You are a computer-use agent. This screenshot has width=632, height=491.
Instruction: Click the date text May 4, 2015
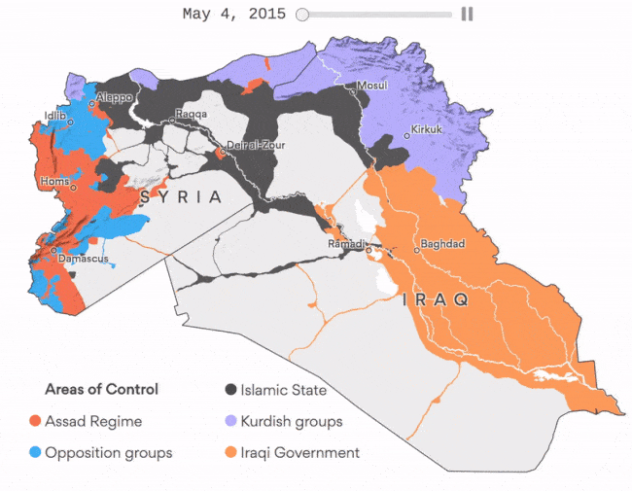[233, 15]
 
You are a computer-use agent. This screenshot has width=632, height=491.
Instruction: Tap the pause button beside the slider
[467, 15]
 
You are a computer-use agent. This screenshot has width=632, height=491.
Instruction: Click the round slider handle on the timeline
[302, 15]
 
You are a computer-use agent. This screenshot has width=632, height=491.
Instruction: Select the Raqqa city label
[191, 114]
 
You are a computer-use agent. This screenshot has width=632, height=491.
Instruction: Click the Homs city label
[54, 181]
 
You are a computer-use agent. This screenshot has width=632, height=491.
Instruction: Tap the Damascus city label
[83, 258]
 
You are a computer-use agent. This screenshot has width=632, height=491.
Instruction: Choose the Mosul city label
[373, 86]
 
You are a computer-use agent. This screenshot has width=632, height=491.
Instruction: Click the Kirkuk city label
[426, 129]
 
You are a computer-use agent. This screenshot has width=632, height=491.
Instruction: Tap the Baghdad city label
[442, 243]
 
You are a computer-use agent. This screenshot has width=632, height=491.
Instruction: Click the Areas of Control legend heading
[101, 390]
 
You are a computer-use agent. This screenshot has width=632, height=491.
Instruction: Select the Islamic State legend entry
[283, 390]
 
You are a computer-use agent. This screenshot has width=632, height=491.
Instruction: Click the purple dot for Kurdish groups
[230, 422]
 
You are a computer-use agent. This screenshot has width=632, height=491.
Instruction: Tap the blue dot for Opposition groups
[35, 453]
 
